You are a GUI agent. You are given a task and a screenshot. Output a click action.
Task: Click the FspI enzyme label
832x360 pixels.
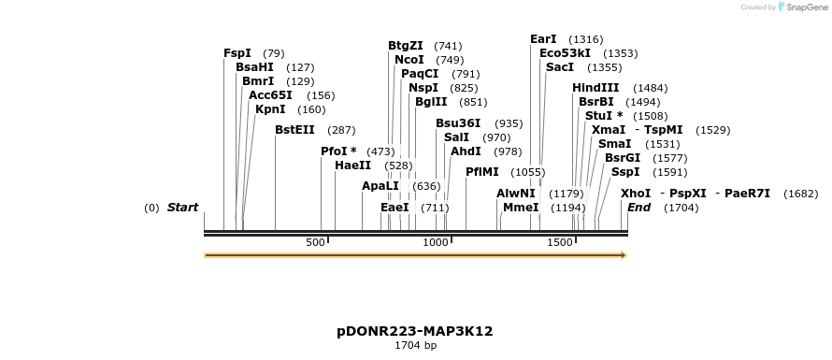pyautogui.click(x=237, y=53)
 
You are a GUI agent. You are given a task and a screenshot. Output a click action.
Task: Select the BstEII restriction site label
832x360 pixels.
pyautogui.click(x=294, y=130)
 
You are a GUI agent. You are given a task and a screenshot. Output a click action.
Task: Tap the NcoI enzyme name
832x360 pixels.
pyautogui.click(x=409, y=60)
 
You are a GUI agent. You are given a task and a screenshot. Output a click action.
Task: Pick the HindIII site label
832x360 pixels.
pyautogui.click(x=595, y=88)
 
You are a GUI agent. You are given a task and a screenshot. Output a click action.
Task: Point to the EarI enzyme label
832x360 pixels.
pyautogui.click(x=543, y=39)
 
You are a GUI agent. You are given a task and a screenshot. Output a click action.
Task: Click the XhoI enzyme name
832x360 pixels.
pyautogui.click(x=636, y=194)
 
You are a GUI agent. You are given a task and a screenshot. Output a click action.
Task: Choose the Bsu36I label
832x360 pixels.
pyautogui.click(x=458, y=123)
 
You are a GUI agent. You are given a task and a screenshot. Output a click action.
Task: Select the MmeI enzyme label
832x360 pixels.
pyautogui.click(x=521, y=208)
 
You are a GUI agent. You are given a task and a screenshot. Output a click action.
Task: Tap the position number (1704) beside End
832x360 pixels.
pyautogui.click(x=681, y=208)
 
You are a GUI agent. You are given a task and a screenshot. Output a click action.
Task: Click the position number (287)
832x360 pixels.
pyautogui.click(x=341, y=130)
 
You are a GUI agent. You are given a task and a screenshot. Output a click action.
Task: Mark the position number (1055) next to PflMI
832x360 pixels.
pyautogui.click(x=527, y=172)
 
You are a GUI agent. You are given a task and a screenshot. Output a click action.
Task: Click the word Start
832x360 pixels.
pyautogui.click(x=182, y=208)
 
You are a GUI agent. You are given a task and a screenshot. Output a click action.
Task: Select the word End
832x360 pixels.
pyautogui.click(x=638, y=208)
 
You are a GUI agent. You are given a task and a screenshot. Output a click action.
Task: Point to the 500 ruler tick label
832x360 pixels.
pyautogui.click(x=315, y=243)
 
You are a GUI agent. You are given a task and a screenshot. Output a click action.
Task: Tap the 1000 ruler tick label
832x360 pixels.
pyautogui.click(x=436, y=243)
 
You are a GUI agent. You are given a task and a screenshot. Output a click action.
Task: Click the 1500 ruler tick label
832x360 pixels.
pyautogui.click(x=559, y=243)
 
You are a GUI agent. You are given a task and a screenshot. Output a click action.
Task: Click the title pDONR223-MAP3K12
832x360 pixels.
pyautogui.click(x=415, y=331)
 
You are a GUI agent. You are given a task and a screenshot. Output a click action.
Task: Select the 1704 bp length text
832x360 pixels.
pyautogui.click(x=415, y=346)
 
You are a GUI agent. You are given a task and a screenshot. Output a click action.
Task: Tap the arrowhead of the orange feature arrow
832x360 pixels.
pyautogui.click(x=624, y=254)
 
